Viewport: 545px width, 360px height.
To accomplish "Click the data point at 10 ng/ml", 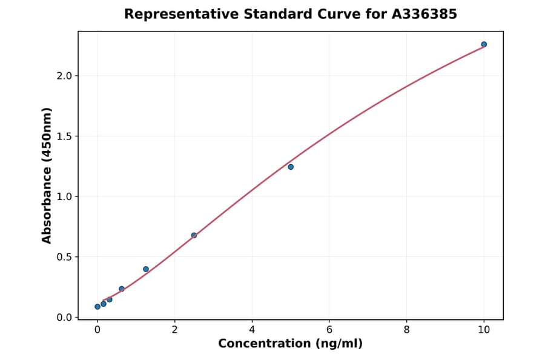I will [484, 44].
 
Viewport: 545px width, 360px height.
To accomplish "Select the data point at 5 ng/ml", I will [291, 167].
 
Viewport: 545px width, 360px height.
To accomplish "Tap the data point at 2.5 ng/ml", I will [194, 235].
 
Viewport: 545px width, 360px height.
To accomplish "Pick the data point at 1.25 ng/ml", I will [146, 269].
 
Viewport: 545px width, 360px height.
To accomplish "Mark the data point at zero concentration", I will [97, 307].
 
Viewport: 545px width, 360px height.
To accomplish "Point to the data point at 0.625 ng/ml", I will [122, 289].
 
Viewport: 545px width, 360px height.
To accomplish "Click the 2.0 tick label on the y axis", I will [65, 76].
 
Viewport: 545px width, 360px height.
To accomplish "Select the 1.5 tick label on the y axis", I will [65, 136].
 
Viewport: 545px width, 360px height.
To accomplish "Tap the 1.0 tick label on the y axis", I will [65, 196].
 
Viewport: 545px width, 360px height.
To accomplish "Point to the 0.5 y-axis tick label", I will [65, 257].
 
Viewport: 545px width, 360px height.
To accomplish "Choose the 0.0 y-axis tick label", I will [65, 318].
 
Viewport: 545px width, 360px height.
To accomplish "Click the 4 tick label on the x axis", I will [252, 330].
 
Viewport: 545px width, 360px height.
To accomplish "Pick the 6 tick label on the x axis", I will [329, 330].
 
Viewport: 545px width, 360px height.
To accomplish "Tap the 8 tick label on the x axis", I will [406, 330].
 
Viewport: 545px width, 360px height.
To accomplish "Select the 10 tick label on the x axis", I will [484, 330].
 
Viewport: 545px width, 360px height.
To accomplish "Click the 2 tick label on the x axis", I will [174, 330].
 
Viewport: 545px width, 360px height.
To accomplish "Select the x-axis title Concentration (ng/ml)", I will [290, 344].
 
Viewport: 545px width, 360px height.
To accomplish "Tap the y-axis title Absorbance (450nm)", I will [47, 176].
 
